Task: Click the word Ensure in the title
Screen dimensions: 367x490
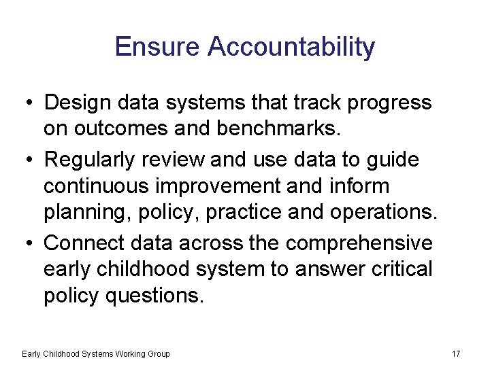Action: pyautogui.click(x=158, y=47)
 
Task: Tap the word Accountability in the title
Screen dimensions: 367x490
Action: pyautogui.click(x=291, y=47)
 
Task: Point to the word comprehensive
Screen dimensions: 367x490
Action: pyautogui.click(x=359, y=243)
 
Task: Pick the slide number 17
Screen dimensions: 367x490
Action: pyautogui.click(x=456, y=354)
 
